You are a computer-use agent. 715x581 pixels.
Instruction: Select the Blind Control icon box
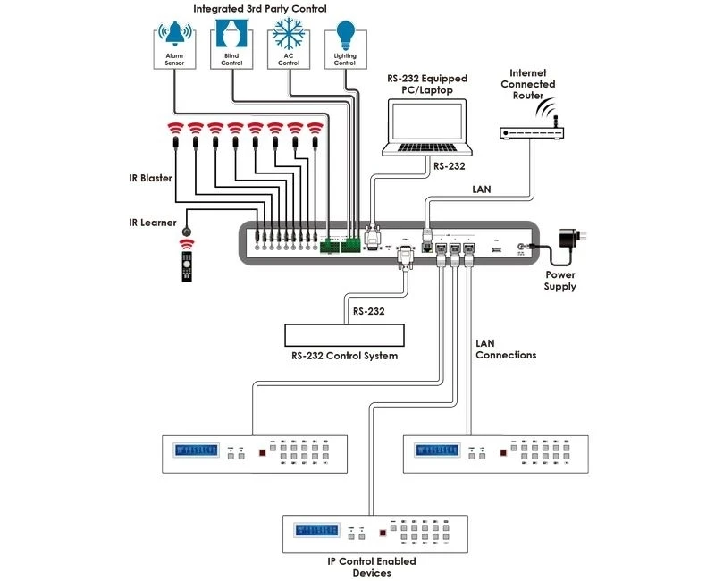pyautogui.click(x=231, y=45)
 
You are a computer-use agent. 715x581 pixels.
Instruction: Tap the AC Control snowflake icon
pyautogui.click(x=287, y=45)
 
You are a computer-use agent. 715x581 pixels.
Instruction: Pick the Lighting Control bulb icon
pyautogui.click(x=344, y=45)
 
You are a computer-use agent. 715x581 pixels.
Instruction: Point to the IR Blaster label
pyautogui.click(x=146, y=178)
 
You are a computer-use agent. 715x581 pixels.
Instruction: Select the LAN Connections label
pyautogui.click(x=506, y=349)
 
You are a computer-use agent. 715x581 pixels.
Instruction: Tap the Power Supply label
pyautogui.click(x=560, y=282)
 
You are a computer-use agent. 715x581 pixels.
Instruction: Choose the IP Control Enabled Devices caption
pyautogui.click(x=357, y=567)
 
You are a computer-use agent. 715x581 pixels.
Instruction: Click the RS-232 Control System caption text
pyautogui.click(x=344, y=357)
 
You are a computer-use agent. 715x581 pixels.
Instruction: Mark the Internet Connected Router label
pyautogui.click(x=533, y=84)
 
